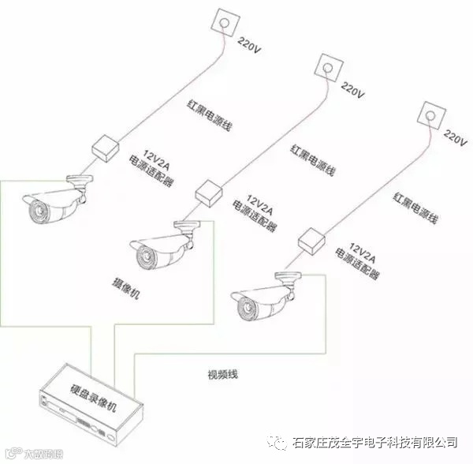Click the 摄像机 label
coord(127,282)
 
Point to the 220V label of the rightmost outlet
coord(456,135)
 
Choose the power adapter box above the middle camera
coord(208,191)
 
